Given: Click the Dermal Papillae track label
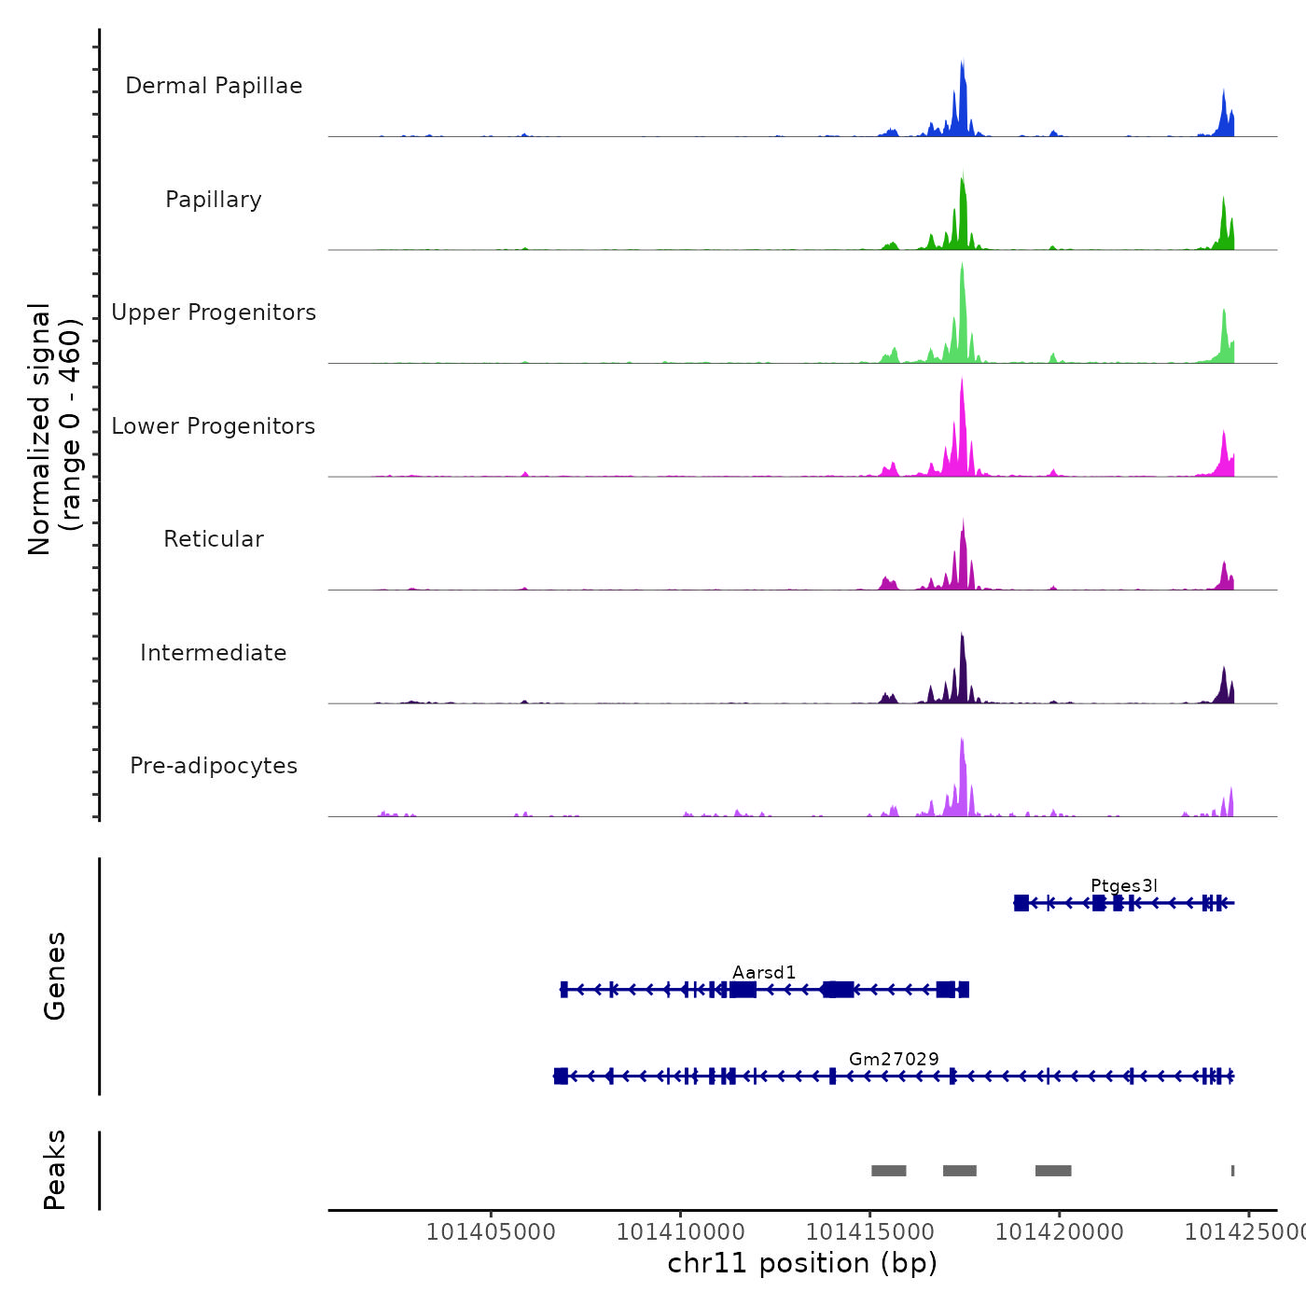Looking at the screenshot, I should point(214,86).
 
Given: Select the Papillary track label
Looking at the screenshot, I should point(214,200).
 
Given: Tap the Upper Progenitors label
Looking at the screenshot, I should point(214,313).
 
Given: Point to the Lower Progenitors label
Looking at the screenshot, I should point(214,426).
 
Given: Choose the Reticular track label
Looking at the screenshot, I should point(214,539).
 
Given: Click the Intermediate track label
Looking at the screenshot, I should point(214,653).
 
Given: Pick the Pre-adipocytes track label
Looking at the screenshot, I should point(214,766).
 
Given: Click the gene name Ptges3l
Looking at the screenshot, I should point(1123,885).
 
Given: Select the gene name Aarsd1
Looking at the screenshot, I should point(764,972).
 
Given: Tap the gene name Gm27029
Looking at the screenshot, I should point(894,1059).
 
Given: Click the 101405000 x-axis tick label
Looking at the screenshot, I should point(491,1231).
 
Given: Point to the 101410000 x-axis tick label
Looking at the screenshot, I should point(681,1231).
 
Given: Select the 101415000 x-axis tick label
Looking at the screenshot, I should point(869,1231).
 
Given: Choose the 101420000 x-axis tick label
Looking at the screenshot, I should point(1059,1231).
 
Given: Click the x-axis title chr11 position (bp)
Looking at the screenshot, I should point(802,1263).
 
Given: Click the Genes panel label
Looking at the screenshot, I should point(54,976).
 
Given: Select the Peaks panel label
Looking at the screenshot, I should point(54,1170).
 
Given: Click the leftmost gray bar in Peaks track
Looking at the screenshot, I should point(888,1171).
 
